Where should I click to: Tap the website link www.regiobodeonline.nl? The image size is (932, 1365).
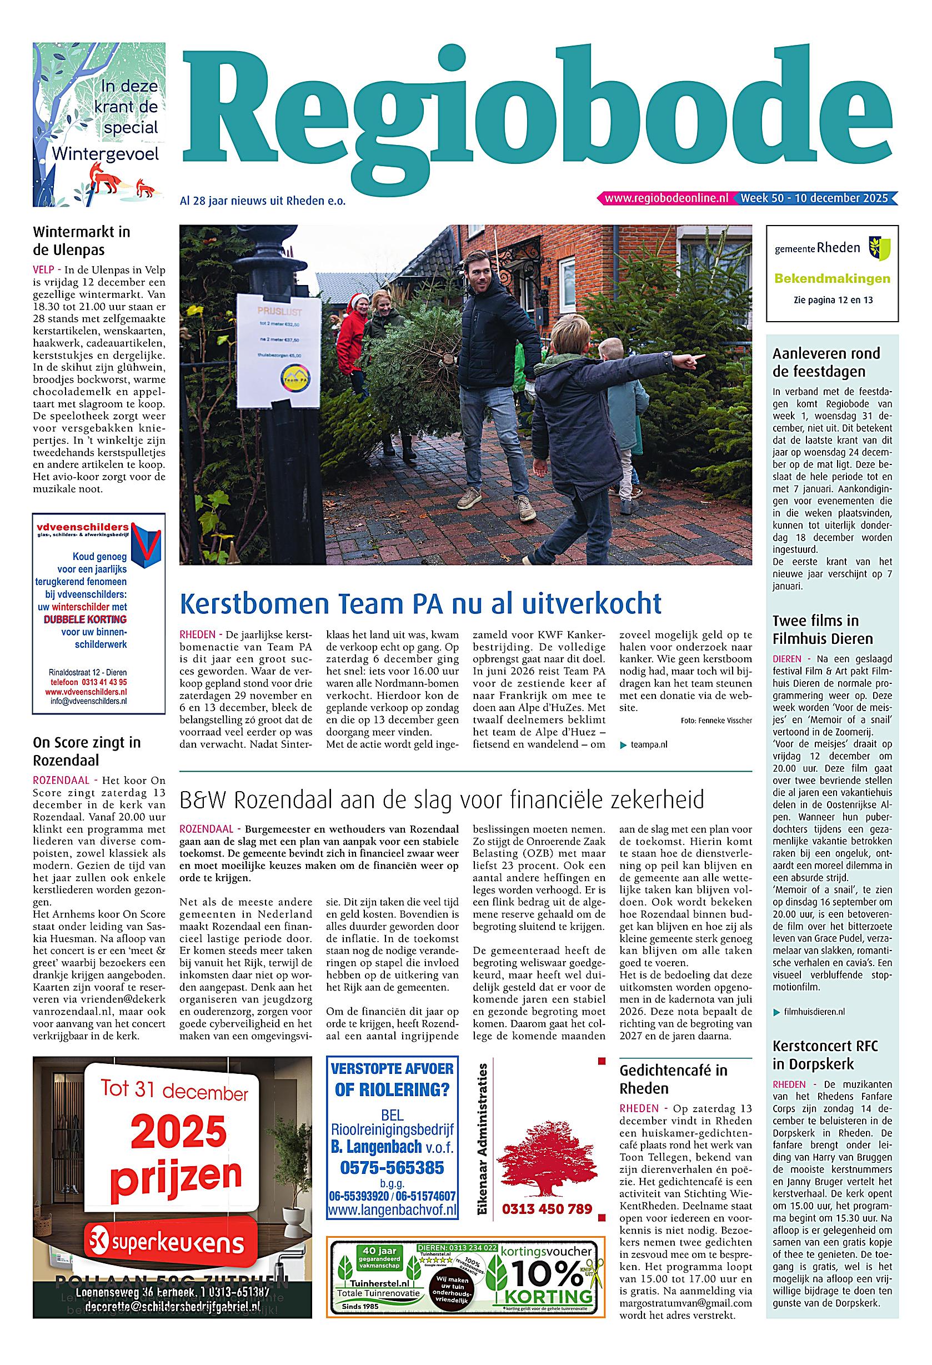pyautogui.click(x=666, y=198)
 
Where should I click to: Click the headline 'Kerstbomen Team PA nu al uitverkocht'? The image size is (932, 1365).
pyautogui.click(x=420, y=603)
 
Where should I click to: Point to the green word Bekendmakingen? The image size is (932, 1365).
pyautogui.click(x=832, y=279)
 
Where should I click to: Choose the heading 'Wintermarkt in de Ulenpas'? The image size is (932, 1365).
pyautogui.click(x=81, y=241)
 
